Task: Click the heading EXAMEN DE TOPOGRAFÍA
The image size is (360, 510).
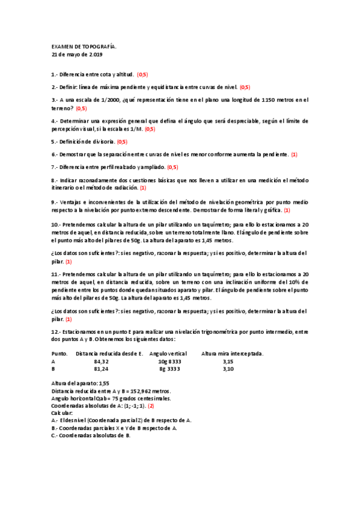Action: click(84, 46)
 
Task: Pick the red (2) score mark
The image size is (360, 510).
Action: click(151, 405)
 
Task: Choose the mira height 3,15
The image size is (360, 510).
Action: click(228, 361)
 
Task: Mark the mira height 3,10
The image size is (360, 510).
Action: click(228, 369)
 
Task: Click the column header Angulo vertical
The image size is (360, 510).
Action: click(168, 353)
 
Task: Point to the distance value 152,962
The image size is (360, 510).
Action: click(131, 390)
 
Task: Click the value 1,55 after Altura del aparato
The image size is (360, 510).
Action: click(104, 383)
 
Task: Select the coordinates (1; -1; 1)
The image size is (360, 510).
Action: click(136, 405)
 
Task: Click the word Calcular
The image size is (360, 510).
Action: click(62, 413)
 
